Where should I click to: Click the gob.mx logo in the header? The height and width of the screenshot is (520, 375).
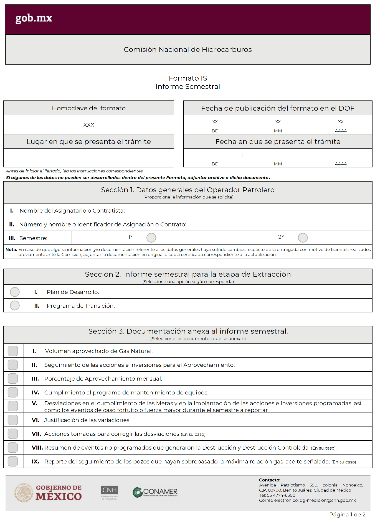click(34, 18)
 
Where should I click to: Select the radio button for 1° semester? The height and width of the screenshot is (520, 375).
click(151, 238)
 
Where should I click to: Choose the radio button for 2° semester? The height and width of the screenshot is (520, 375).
click(303, 238)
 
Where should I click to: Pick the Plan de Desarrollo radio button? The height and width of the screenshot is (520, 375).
click(15, 292)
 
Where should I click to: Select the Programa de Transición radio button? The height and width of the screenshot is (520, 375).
click(15, 305)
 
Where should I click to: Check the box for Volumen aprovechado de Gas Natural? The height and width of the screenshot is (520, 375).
click(13, 351)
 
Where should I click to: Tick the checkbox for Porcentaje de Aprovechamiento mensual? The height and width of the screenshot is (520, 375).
click(13, 378)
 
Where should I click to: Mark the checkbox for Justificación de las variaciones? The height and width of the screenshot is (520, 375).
click(13, 420)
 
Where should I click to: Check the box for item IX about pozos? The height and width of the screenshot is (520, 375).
click(13, 461)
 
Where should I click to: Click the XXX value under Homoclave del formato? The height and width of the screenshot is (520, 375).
click(89, 125)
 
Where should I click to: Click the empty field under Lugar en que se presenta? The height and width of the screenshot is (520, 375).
click(89, 157)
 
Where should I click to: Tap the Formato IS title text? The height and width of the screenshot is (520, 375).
click(188, 78)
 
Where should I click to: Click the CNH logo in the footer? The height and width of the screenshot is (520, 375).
click(110, 492)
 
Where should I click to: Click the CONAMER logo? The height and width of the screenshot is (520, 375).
click(155, 492)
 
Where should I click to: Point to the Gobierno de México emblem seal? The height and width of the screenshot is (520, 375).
click(24, 493)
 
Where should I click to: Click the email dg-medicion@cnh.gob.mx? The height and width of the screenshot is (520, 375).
click(328, 500)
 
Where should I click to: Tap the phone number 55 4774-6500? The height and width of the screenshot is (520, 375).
click(281, 495)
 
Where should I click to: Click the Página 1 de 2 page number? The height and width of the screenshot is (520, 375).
click(347, 514)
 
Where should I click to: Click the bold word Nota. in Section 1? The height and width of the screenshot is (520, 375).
click(11, 249)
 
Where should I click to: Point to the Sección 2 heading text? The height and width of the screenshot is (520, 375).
click(188, 274)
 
